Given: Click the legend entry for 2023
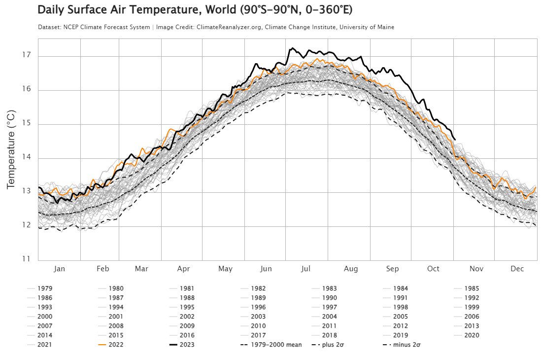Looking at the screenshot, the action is click(182, 344).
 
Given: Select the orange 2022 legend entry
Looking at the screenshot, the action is click(110, 344).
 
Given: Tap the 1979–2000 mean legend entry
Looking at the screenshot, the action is click(271, 344).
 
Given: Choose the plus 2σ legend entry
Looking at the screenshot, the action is click(328, 344).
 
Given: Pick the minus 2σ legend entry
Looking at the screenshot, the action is click(402, 344).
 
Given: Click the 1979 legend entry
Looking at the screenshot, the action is click(40, 288).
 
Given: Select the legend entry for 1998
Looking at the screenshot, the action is click(396, 307).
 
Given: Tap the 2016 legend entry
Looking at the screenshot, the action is click(182, 335).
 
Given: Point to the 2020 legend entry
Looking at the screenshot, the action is click(467, 335).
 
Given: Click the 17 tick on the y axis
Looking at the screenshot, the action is click(27, 55).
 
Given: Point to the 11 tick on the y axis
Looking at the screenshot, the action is click(26, 259).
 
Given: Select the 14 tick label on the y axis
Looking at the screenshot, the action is click(27, 157).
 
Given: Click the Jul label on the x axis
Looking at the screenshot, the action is click(305, 269).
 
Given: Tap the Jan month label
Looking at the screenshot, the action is click(59, 269).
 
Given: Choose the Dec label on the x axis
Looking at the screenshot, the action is click(517, 269).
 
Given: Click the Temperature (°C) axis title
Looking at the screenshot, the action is click(11, 149).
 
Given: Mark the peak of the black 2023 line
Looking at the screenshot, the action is click(292, 48).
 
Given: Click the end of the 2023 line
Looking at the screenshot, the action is click(455, 140).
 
